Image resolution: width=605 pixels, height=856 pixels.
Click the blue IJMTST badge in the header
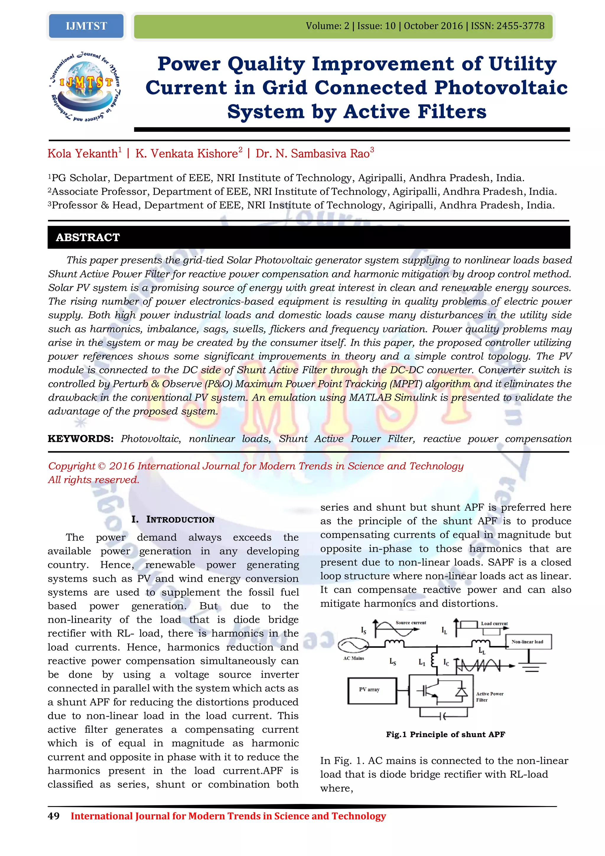click(86, 26)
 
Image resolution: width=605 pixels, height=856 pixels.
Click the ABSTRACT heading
click(88, 237)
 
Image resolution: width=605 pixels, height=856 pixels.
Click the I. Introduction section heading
click(173, 519)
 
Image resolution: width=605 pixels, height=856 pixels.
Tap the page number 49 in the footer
click(54, 816)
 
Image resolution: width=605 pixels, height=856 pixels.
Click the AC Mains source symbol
click(353, 645)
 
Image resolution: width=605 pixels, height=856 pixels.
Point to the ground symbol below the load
click(532, 667)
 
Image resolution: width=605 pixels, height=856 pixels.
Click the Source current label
click(411, 622)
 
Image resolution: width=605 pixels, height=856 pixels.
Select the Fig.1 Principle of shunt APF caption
click(445, 735)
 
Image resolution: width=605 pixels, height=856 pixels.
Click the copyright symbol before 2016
click(101, 466)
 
